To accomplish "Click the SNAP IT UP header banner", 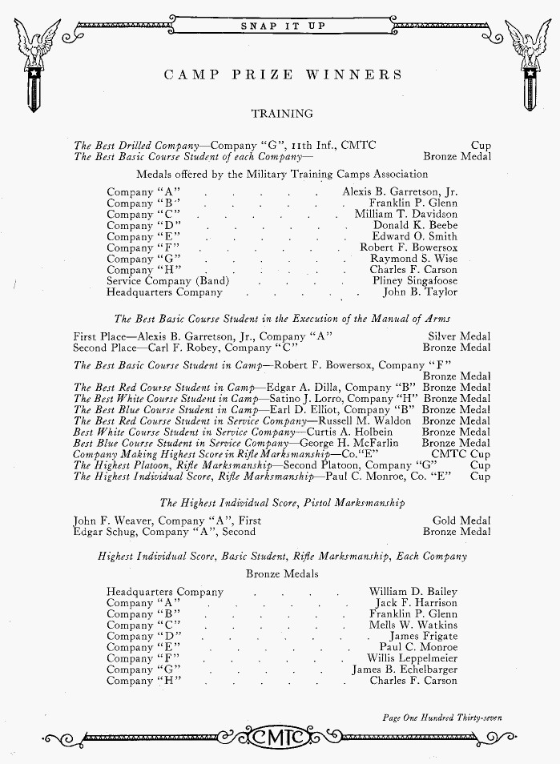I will (x=283, y=26).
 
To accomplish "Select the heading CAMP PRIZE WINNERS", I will (x=283, y=75).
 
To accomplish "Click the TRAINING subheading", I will (x=282, y=114).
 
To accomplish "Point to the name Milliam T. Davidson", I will (x=406, y=215).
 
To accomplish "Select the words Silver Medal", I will (x=459, y=337).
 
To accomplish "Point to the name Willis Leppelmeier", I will (x=412, y=658).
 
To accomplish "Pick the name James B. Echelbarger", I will (x=405, y=670).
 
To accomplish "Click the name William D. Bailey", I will (x=413, y=592).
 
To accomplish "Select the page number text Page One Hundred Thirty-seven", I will (x=442, y=718).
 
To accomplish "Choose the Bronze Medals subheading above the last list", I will (x=282, y=574).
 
